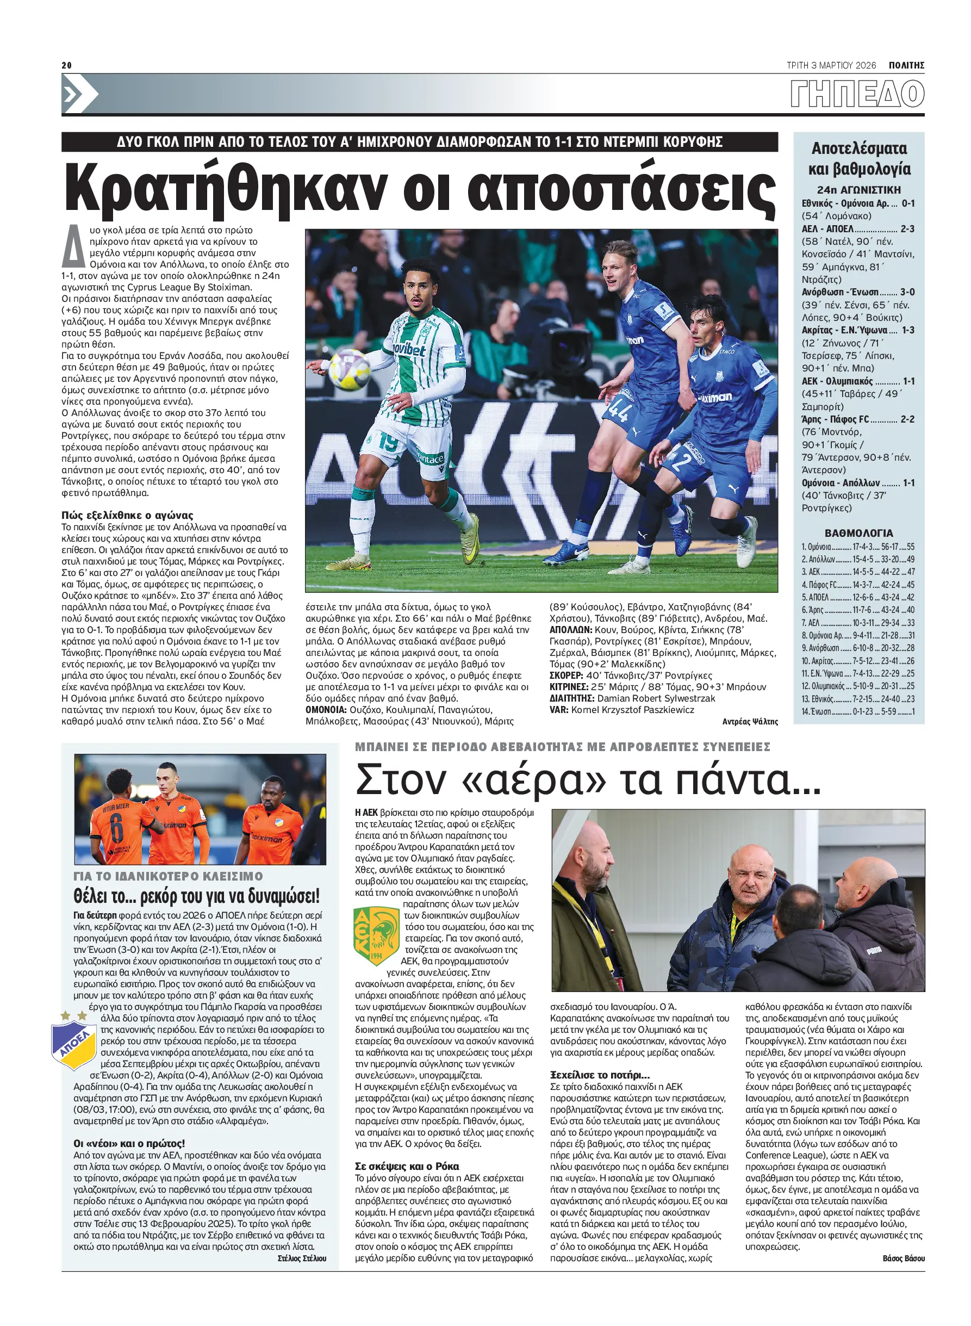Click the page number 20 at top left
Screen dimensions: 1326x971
(x=66, y=65)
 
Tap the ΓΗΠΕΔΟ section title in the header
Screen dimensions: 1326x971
(x=857, y=94)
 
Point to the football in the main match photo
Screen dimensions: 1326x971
(x=349, y=368)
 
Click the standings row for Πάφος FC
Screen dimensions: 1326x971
(x=857, y=585)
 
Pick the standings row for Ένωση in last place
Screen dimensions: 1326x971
(x=857, y=711)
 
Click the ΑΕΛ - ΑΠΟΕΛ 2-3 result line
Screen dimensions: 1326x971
(x=857, y=229)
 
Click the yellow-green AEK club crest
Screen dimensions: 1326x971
(x=376, y=935)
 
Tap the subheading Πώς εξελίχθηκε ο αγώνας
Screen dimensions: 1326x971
(x=127, y=515)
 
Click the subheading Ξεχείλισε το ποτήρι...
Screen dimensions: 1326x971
(x=600, y=1074)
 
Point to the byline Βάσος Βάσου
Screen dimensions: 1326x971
(x=903, y=1258)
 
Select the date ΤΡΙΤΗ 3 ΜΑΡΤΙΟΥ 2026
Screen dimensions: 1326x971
(x=831, y=65)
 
